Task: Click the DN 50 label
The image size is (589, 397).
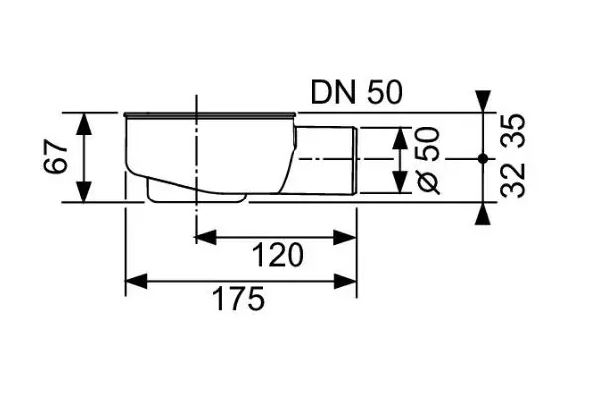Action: click(356, 93)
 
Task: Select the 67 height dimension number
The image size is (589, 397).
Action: click(56, 157)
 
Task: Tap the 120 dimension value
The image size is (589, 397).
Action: click(278, 255)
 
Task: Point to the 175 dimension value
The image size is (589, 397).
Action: click(238, 299)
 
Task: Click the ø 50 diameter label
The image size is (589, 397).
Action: click(428, 161)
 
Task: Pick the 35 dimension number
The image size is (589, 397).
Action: click(512, 131)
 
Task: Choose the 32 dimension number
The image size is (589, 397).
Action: click(512, 181)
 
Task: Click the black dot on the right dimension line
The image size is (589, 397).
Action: click(483, 159)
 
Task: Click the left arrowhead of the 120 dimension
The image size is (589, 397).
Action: click(206, 237)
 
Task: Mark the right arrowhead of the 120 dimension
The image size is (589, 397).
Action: click(345, 237)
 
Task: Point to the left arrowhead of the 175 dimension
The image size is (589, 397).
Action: click(136, 281)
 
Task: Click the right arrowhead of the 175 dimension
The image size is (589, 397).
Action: click(345, 281)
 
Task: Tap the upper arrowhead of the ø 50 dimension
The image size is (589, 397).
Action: click(400, 138)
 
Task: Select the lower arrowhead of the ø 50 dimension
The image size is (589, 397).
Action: click(400, 182)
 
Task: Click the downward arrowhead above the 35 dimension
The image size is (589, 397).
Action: click(483, 101)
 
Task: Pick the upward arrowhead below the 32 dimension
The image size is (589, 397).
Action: click(483, 214)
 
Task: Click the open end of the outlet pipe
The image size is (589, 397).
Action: click(355, 161)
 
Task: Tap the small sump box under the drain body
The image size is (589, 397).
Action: click(196, 192)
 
